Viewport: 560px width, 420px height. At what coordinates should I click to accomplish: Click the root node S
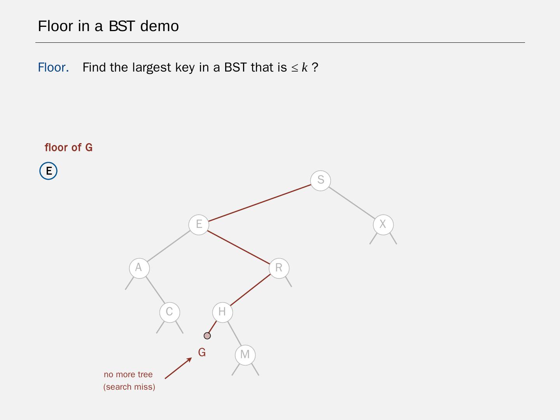pyautogui.click(x=320, y=180)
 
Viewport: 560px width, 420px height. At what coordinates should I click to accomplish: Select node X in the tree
pyautogui.click(x=383, y=224)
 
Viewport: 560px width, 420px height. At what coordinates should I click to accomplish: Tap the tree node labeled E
pyautogui.click(x=199, y=224)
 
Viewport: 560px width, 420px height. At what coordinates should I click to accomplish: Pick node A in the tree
pyautogui.click(x=139, y=268)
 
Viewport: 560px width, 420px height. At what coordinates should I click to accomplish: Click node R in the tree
pyautogui.click(x=279, y=268)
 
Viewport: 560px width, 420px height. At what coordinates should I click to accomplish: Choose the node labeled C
pyautogui.click(x=169, y=312)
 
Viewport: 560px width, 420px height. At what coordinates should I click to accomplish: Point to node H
pyautogui.click(x=222, y=312)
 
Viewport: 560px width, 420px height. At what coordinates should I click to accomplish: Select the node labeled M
pyautogui.click(x=245, y=355)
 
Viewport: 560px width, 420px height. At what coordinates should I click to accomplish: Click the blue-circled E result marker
pyautogui.click(x=49, y=171)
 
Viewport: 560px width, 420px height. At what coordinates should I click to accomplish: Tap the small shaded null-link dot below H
pyautogui.click(x=207, y=336)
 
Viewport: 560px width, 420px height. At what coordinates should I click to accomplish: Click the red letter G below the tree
pyautogui.click(x=202, y=352)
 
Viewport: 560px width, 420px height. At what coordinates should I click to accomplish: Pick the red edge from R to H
pyautogui.click(x=250, y=290)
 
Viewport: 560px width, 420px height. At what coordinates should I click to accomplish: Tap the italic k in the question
pyautogui.click(x=304, y=68)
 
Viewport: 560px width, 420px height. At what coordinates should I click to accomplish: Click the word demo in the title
pyautogui.click(x=159, y=26)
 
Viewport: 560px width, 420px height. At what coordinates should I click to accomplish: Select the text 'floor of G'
pyautogui.click(x=68, y=148)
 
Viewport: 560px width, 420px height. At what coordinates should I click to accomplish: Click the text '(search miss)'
pyautogui.click(x=129, y=387)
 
